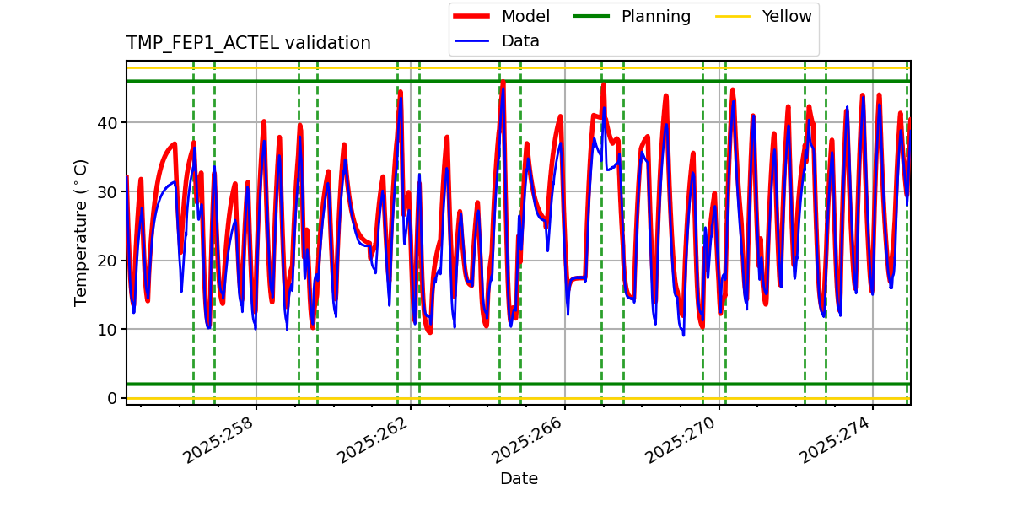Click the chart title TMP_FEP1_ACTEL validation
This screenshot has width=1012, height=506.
(x=248, y=43)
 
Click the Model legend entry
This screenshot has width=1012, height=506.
(x=525, y=17)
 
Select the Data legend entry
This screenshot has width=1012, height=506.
(x=520, y=41)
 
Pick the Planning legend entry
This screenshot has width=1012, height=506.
(x=655, y=17)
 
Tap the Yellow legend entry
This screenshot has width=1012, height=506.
(x=786, y=17)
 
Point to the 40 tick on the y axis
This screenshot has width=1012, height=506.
(x=109, y=123)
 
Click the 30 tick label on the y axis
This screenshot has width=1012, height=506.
(x=109, y=191)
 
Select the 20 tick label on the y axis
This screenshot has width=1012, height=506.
(x=109, y=261)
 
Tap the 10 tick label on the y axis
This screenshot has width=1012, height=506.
(x=109, y=329)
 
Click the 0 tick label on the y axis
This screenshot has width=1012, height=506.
(x=113, y=398)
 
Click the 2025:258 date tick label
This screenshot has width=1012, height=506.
(x=218, y=440)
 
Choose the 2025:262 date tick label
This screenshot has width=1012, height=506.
(x=373, y=440)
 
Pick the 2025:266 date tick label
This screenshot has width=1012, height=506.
(x=527, y=440)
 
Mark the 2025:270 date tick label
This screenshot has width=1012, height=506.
(x=681, y=440)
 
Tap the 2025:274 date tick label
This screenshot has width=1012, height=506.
(x=835, y=440)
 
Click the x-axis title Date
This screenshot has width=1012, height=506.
(x=519, y=479)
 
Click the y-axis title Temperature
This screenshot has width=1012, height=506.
(x=81, y=232)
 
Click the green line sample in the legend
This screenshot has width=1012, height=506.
(x=594, y=17)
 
